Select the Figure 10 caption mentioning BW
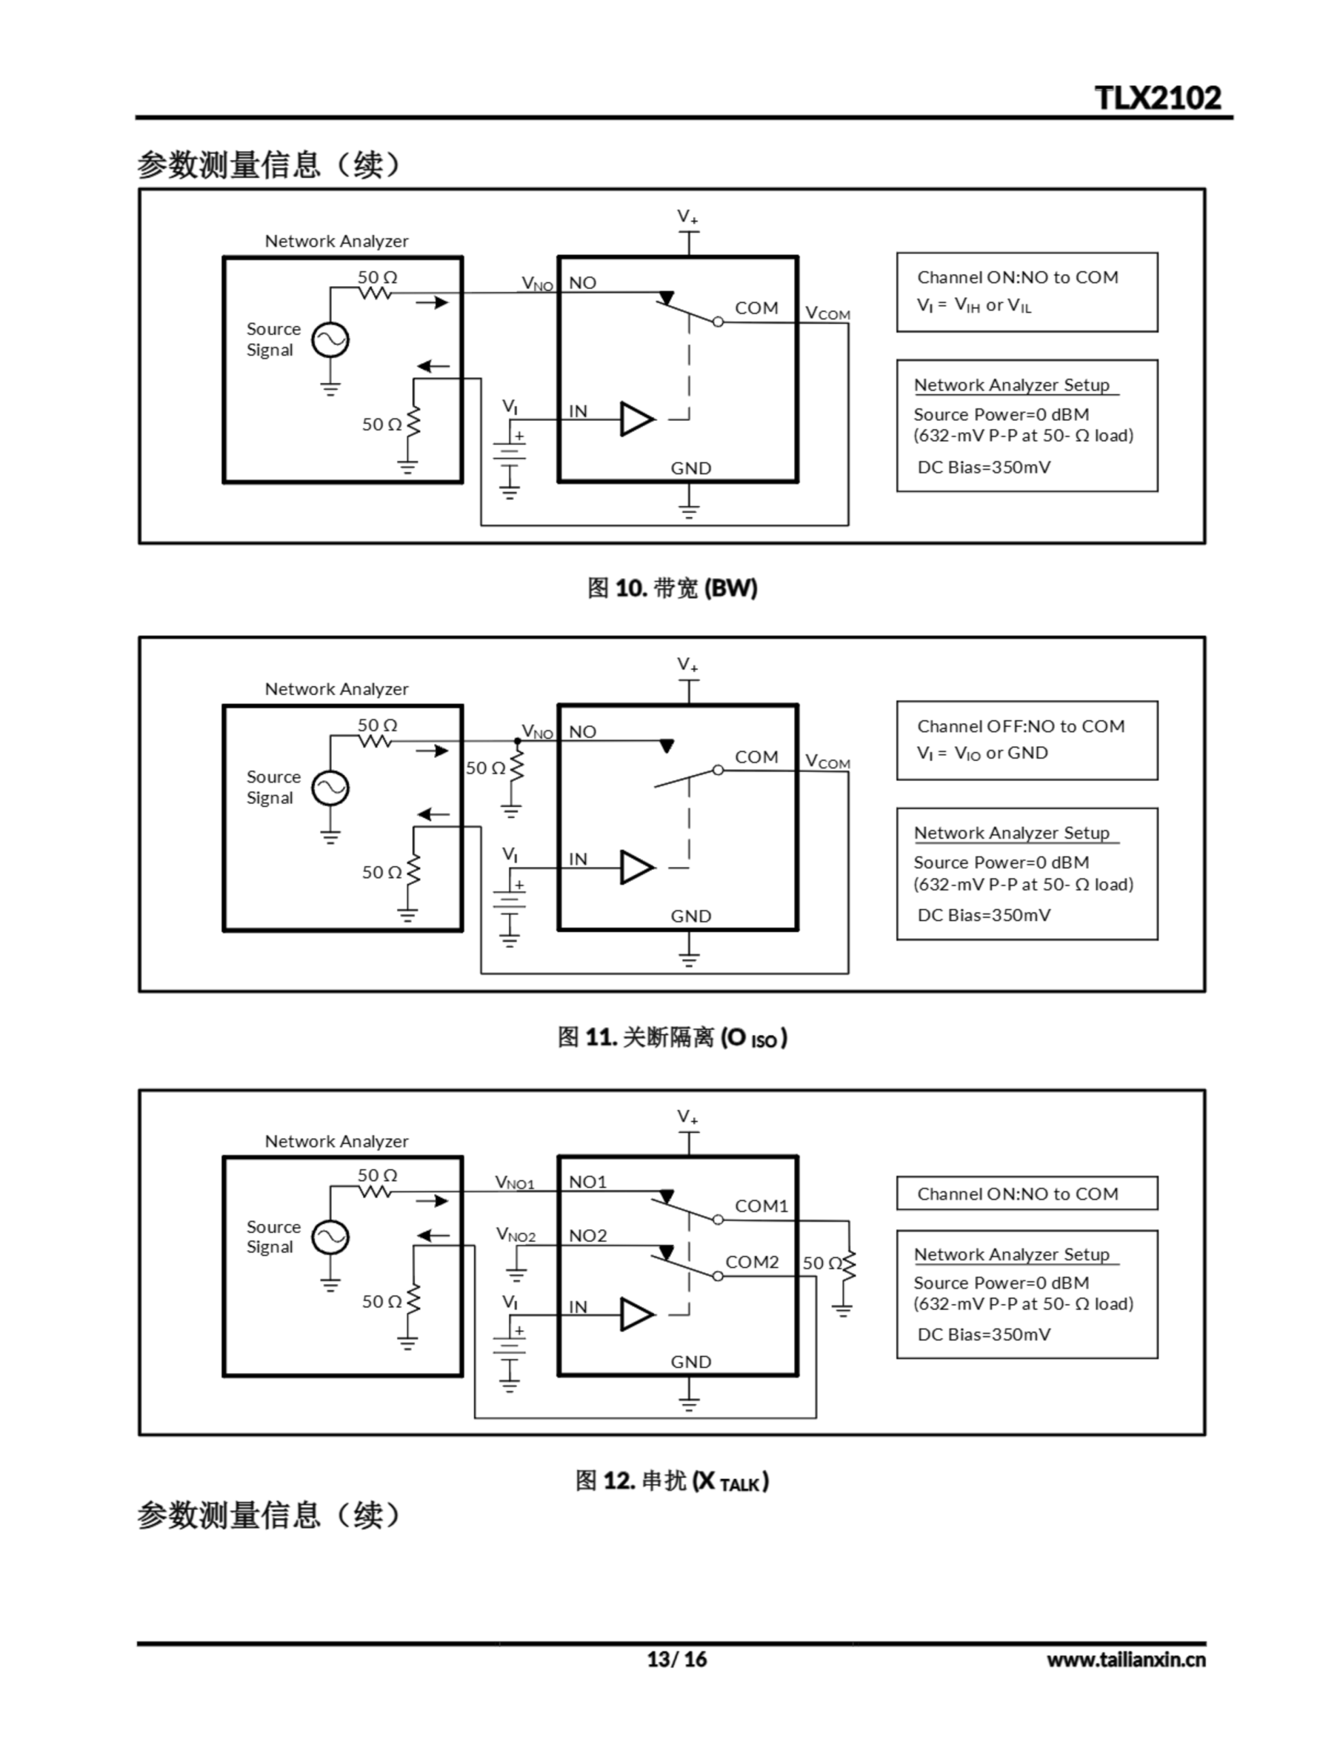(672, 588)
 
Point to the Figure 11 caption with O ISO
(672, 1037)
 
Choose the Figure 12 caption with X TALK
(672, 1481)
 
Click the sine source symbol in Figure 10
(329, 340)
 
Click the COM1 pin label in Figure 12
(761, 1206)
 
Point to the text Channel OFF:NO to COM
(1020, 726)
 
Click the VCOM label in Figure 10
(828, 313)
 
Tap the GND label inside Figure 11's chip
(691, 916)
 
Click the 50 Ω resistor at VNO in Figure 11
(517, 767)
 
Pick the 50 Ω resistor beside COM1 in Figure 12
(849, 1263)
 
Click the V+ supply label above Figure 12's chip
(688, 1117)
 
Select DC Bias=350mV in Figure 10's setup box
(984, 467)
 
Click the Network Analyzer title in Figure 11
(336, 689)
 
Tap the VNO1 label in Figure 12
(514, 1183)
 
